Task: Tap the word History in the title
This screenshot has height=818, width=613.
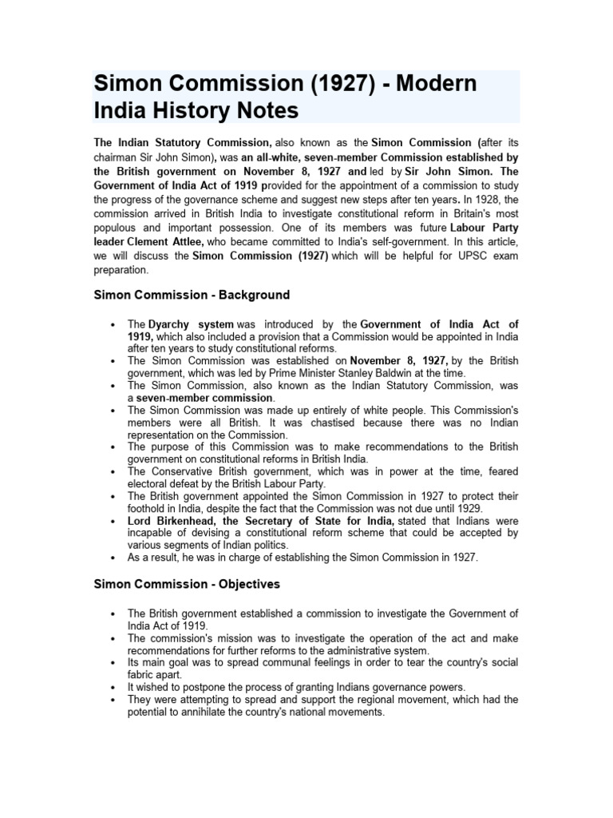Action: [x=187, y=109]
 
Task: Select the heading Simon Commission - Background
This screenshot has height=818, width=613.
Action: [x=192, y=295]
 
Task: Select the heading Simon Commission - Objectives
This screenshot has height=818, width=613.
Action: [x=187, y=584]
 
